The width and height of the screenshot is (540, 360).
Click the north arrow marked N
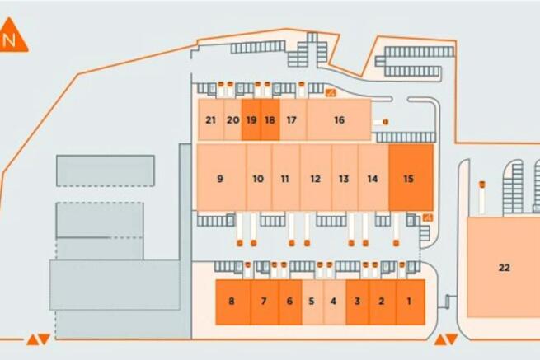click(x=12, y=35)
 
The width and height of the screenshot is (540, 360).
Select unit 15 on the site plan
click(x=411, y=177)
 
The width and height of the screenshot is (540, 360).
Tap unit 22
click(x=504, y=267)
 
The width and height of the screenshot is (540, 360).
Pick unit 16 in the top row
click(x=339, y=119)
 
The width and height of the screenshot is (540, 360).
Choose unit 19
click(x=251, y=119)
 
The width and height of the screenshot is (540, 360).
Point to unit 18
click(x=270, y=119)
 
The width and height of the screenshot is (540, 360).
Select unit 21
click(x=211, y=119)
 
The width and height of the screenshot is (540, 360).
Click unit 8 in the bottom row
click(x=233, y=302)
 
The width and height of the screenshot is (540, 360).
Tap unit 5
click(x=312, y=302)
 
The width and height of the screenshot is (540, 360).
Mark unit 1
click(x=411, y=302)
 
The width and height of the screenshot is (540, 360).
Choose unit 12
click(x=316, y=177)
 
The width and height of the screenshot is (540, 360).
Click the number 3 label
click(x=358, y=302)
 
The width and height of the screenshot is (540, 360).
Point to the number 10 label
click(x=258, y=179)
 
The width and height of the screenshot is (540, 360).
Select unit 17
click(x=293, y=119)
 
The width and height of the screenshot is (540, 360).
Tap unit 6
click(x=290, y=302)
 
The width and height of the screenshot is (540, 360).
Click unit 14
click(x=373, y=177)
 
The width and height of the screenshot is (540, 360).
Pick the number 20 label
click(x=232, y=120)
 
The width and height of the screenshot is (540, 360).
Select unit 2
click(x=383, y=302)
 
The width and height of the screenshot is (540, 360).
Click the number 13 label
click(x=344, y=179)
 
